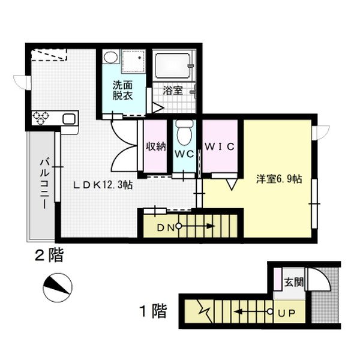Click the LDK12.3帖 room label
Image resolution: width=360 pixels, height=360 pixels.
click(x=103, y=185)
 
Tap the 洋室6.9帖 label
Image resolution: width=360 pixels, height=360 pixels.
click(x=279, y=179)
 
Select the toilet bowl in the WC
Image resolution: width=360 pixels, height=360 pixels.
click(x=184, y=133)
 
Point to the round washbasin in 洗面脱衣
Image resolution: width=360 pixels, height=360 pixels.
click(x=110, y=57)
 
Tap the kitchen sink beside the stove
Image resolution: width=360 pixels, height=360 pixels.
click(x=69, y=119)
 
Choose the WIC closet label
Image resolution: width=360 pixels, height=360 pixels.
click(x=220, y=146)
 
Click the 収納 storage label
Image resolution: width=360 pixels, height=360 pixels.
click(x=156, y=146)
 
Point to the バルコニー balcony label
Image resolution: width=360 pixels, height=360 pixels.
click(x=44, y=183)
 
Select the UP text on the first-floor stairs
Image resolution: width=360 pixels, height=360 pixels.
click(x=287, y=313)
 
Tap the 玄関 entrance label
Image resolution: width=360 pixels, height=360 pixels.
click(x=294, y=282)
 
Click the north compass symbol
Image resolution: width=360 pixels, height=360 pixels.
click(x=58, y=287)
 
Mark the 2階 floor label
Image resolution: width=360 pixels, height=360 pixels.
click(x=49, y=256)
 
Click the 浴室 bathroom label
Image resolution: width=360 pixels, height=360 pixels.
click(x=173, y=91)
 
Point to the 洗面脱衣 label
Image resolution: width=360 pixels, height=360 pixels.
click(x=122, y=91)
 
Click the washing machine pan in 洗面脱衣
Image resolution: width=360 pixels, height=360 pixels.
click(x=133, y=61)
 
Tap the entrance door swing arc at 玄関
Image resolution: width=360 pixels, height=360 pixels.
click(x=325, y=275)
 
